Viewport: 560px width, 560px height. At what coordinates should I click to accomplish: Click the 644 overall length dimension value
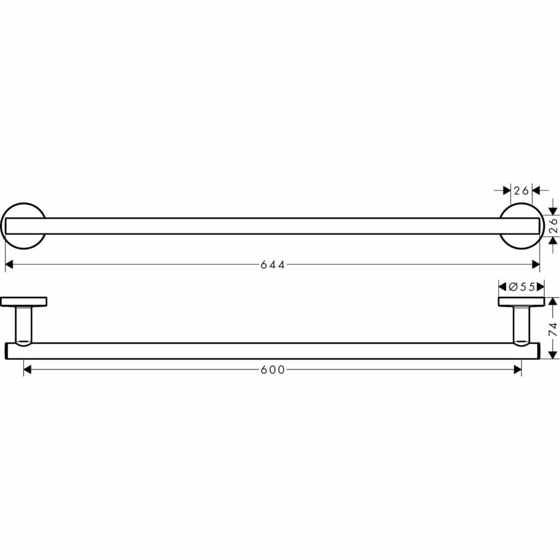pos(273,265)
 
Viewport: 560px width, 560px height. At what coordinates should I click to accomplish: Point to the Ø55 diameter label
pos(522,287)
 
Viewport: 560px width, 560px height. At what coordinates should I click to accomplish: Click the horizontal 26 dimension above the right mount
pos(521,191)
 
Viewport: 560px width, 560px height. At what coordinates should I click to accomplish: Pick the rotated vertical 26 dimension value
pos(553,226)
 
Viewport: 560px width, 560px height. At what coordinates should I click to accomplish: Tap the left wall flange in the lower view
pos(24,302)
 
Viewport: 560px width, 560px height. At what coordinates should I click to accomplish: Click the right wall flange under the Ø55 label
pos(521,302)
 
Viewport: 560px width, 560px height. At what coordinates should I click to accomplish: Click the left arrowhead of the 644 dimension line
pos(9,265)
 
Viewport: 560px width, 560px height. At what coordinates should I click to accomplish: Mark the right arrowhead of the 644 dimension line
pos(536,265)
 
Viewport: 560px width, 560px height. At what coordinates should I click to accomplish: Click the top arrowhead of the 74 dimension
pos(553,301)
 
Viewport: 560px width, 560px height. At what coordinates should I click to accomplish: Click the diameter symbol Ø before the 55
pos(511,287)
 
